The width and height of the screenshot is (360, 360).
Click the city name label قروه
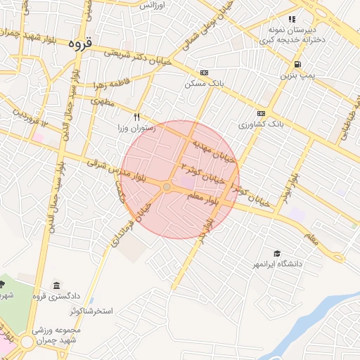(x=81, y=43)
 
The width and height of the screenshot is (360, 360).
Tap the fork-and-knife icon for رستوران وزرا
(x=137, y=117)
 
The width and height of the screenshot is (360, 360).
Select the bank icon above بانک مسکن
(x=204, y=72)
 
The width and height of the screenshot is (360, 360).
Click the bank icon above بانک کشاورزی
(x=261, y=113)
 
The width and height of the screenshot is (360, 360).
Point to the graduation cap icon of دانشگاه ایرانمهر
(x=277, y=253)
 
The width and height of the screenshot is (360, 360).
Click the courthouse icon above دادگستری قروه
(x=56, y=285)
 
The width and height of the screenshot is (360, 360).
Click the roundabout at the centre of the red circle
(x=167, y=187)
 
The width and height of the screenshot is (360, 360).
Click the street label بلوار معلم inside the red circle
(x=204, y=200)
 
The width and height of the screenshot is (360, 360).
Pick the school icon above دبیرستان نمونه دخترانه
(x=292, y=19)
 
